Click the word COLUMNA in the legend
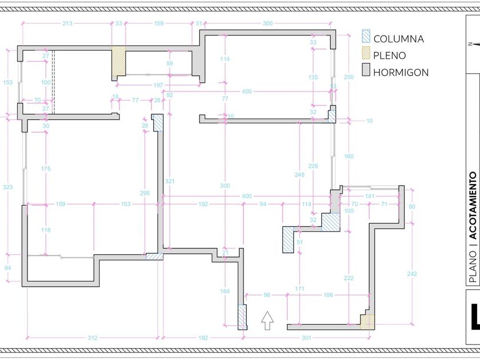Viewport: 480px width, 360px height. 398,39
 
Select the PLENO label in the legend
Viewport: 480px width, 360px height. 390,55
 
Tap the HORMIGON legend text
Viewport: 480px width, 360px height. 401,72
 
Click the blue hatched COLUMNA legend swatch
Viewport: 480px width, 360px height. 366,37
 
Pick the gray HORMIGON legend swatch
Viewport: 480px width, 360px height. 366,71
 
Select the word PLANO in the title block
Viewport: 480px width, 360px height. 473,269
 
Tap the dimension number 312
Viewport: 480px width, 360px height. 93,338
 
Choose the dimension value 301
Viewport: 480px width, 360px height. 306,338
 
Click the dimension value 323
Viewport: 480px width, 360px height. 8,187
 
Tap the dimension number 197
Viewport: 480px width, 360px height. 158,85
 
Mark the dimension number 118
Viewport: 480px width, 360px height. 46,230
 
